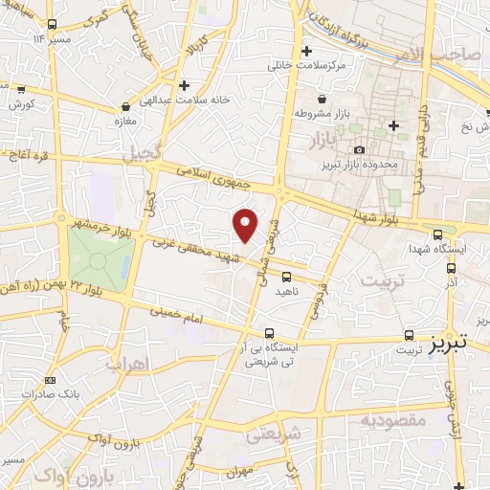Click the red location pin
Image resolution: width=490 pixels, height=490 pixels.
tap(246, 225)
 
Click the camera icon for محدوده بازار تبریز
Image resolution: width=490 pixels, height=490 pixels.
tap(360, 150)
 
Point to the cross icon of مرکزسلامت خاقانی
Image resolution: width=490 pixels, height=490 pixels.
tap(306, 51)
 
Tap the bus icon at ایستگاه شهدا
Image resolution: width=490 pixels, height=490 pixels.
tap(437, 234)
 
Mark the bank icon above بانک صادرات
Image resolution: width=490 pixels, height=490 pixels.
tap(50, 381)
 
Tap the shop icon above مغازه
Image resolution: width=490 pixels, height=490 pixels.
tap(125, 107)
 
